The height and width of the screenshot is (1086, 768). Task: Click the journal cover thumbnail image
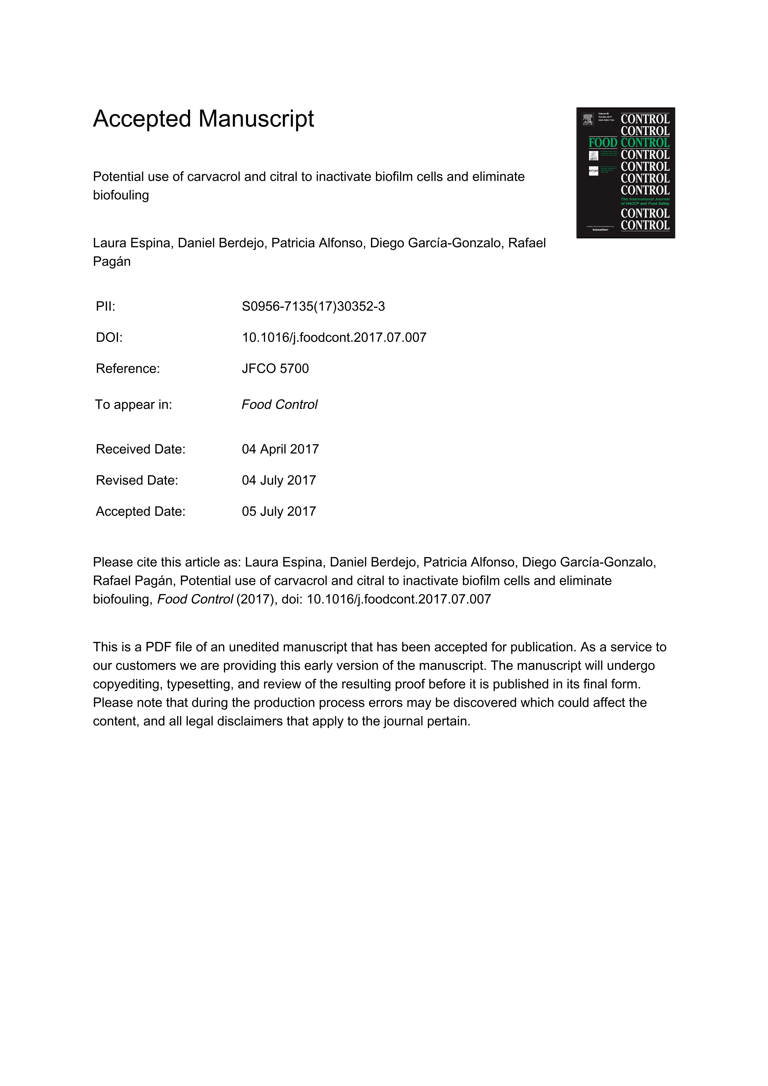pyautogui.click(x=625, y=173)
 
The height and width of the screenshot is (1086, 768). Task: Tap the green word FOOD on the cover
pyautogui.click(x=603, y=143)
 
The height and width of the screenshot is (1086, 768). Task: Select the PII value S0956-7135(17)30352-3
pyautogui.click(x=313, y=307)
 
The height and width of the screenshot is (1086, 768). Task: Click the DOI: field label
pyautogui.click(x=109, y=338)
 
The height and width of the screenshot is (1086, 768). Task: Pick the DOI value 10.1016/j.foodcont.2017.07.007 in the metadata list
pyautogui.click(x=334, y=338)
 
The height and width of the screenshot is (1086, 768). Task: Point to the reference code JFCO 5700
pyautogui.click(x=275, y=369)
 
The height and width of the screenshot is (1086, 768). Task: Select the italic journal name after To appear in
pyautogui.click(x=280, y=405)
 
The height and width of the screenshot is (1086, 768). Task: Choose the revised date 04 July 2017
pyautogui.click(x=278, y=481)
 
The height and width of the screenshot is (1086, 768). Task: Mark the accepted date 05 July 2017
pyautogui.click(x=278, y=512)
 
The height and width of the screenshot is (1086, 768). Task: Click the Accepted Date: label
pyautogui.click(x=141, y=512)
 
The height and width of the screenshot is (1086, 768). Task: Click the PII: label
pyautogui.click(x=106, y=307)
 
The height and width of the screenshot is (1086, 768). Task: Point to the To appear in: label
pyautogui.click(x=134, y=405)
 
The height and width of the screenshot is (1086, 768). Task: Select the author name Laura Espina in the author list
pyautogui.click(x=132, y=243)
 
